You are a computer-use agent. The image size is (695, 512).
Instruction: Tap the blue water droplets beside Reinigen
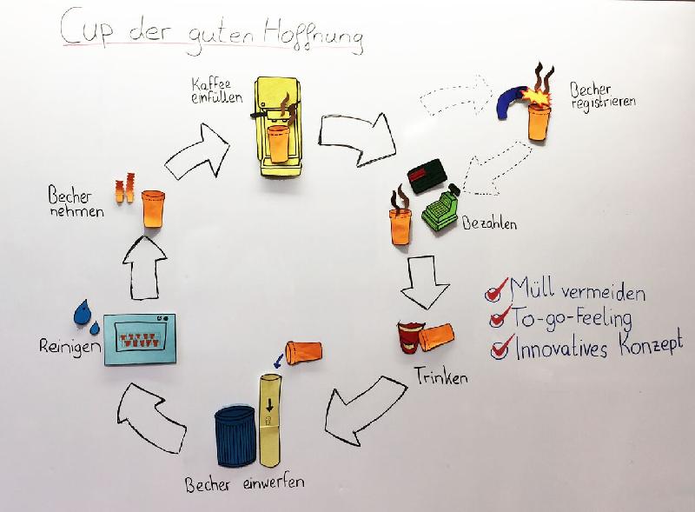coord(85,315)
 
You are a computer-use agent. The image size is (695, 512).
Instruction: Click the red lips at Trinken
coord(407,336)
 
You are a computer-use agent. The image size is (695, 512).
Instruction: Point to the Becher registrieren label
coord(602,95)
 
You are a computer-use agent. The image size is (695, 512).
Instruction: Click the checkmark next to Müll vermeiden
coord(499,289)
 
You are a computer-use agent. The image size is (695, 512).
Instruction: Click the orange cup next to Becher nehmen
coord(153,209)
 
